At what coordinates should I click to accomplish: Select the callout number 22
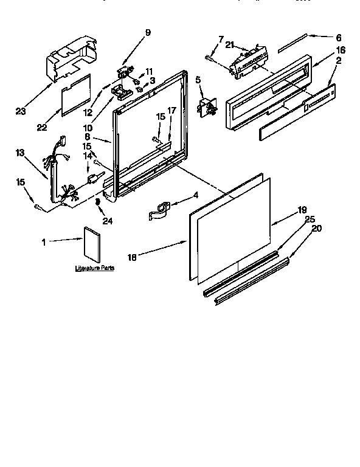(x=42, y=127)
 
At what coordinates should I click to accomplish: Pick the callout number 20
(x=316, y=229)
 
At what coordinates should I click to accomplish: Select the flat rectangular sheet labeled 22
(x=76, y=95)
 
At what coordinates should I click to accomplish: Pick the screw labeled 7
(x=210, y=57)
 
